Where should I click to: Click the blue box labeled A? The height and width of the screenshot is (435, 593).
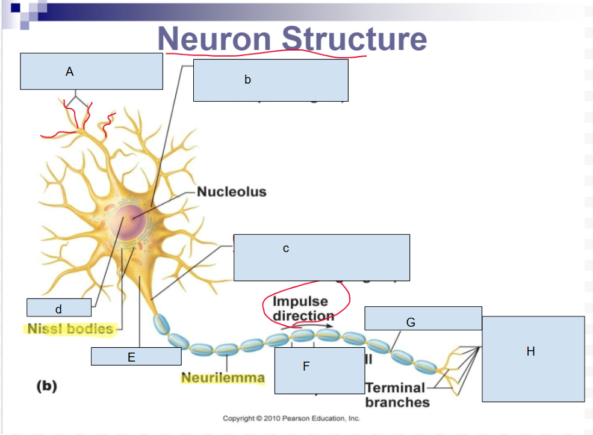(x=92, y=71)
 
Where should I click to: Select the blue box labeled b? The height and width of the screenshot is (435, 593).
(x=270, y=80)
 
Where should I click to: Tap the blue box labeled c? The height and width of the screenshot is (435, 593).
(x=321, y=257)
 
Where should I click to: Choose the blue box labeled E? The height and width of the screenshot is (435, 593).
(x=136, y=356)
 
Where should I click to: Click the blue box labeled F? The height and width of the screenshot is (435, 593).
(x=319, y=370)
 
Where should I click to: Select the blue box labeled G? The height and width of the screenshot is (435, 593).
(x=423, y=318)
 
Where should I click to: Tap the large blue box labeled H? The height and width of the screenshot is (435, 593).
(x=533, y=359)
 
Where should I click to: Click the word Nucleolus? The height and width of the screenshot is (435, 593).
(x=232, y=192)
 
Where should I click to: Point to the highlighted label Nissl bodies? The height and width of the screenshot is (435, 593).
(x=70, y=329)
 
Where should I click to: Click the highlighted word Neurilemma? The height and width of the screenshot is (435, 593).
(x=223, y=378)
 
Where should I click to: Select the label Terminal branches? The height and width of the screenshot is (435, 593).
(x=395, y=395)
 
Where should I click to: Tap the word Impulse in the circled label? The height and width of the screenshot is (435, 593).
(x=300, y=301)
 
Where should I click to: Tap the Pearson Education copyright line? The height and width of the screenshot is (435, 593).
(x=291, y=418)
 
